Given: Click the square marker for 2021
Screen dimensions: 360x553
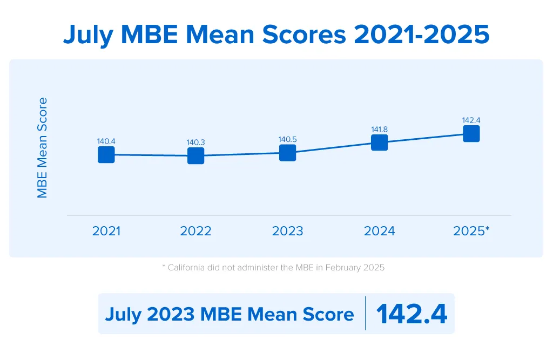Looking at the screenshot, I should coord(106,154).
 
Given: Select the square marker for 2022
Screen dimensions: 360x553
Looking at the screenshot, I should coord(195,156).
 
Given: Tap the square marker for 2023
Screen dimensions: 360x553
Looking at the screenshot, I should coord(287,153).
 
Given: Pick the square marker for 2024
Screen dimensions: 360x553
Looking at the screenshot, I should coord(379,142).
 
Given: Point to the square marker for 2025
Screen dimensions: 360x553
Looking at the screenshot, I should coord(471,133).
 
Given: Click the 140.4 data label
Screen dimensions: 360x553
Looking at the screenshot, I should coord(106,141).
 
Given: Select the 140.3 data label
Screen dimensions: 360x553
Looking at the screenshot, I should coord(195,142).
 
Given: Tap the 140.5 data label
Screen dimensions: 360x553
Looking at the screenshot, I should coord(287,139).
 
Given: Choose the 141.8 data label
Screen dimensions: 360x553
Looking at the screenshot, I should coord(379,129).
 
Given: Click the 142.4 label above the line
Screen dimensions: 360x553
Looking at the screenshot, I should coord(471,120).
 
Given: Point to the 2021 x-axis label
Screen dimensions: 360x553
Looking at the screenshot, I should coord(106,231).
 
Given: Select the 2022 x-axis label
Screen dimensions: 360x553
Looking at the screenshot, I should coord(195,231).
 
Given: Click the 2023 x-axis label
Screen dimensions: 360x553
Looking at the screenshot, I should coord(287,231).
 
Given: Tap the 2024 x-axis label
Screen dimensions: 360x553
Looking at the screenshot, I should coord(379,231).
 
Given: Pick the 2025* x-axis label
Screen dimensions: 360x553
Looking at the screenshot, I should coord(471,231).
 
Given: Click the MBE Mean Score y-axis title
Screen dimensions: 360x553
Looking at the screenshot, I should coord(42,147).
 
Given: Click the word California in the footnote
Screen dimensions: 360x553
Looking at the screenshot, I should coord(188,268).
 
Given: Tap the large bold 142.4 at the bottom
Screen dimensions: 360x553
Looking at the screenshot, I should coord(412,314).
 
